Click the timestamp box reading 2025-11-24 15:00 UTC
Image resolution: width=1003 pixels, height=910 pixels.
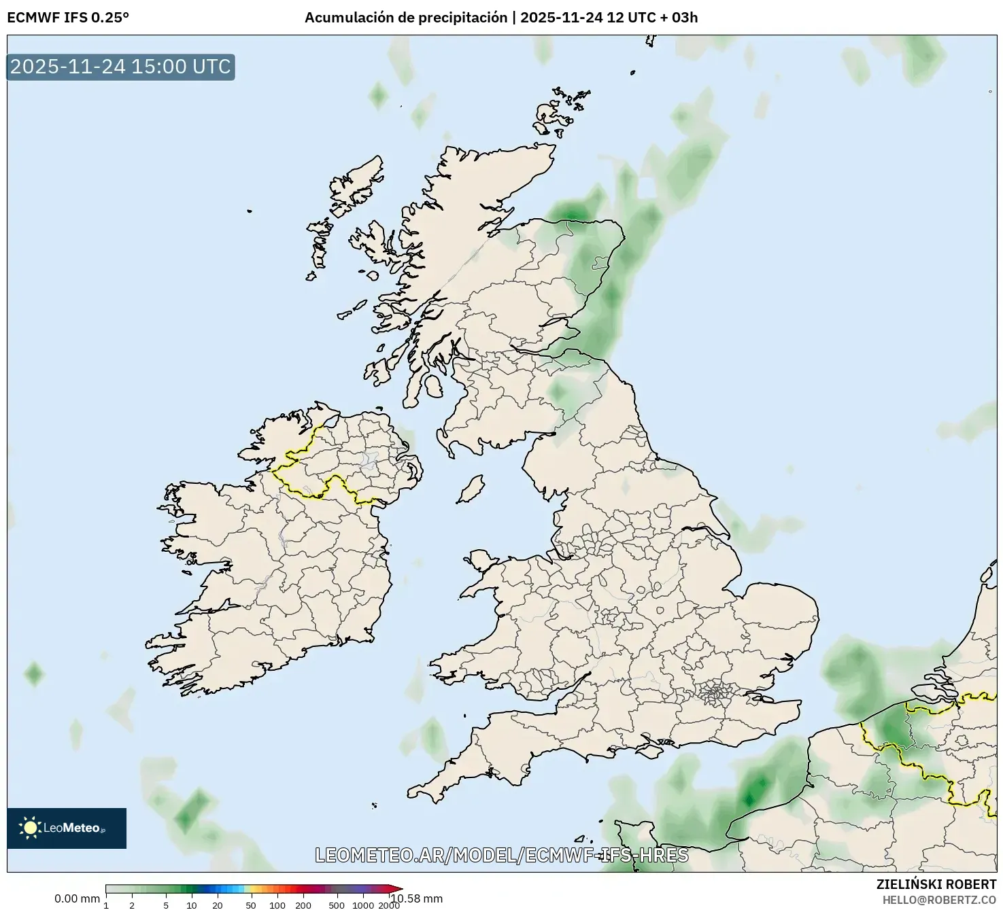click(120, 67)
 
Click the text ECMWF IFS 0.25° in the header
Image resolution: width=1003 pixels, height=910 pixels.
click(68, 18)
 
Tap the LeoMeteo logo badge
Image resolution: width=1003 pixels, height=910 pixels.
click(67, 828)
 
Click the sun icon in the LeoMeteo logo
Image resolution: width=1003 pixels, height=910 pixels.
click(31, 827)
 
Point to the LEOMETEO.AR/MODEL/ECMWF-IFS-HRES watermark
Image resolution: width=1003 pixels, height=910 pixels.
click(502, 855)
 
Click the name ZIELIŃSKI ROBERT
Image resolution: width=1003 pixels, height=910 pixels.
click(936, 884)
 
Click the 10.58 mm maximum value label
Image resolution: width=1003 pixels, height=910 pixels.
click(416, 898)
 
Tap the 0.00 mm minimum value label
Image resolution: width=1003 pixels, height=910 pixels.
click(77, 898)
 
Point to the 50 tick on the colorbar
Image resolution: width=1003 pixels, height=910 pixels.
click(251, 905)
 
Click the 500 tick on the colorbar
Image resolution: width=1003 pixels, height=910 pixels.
click(336, 905)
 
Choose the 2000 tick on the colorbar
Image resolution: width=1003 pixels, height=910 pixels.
click(389, 905)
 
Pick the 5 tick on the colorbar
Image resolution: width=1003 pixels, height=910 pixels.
click(166, 905)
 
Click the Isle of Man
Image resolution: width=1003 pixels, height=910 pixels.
click(471, 489)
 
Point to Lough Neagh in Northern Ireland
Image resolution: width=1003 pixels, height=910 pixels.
click(369, 461)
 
